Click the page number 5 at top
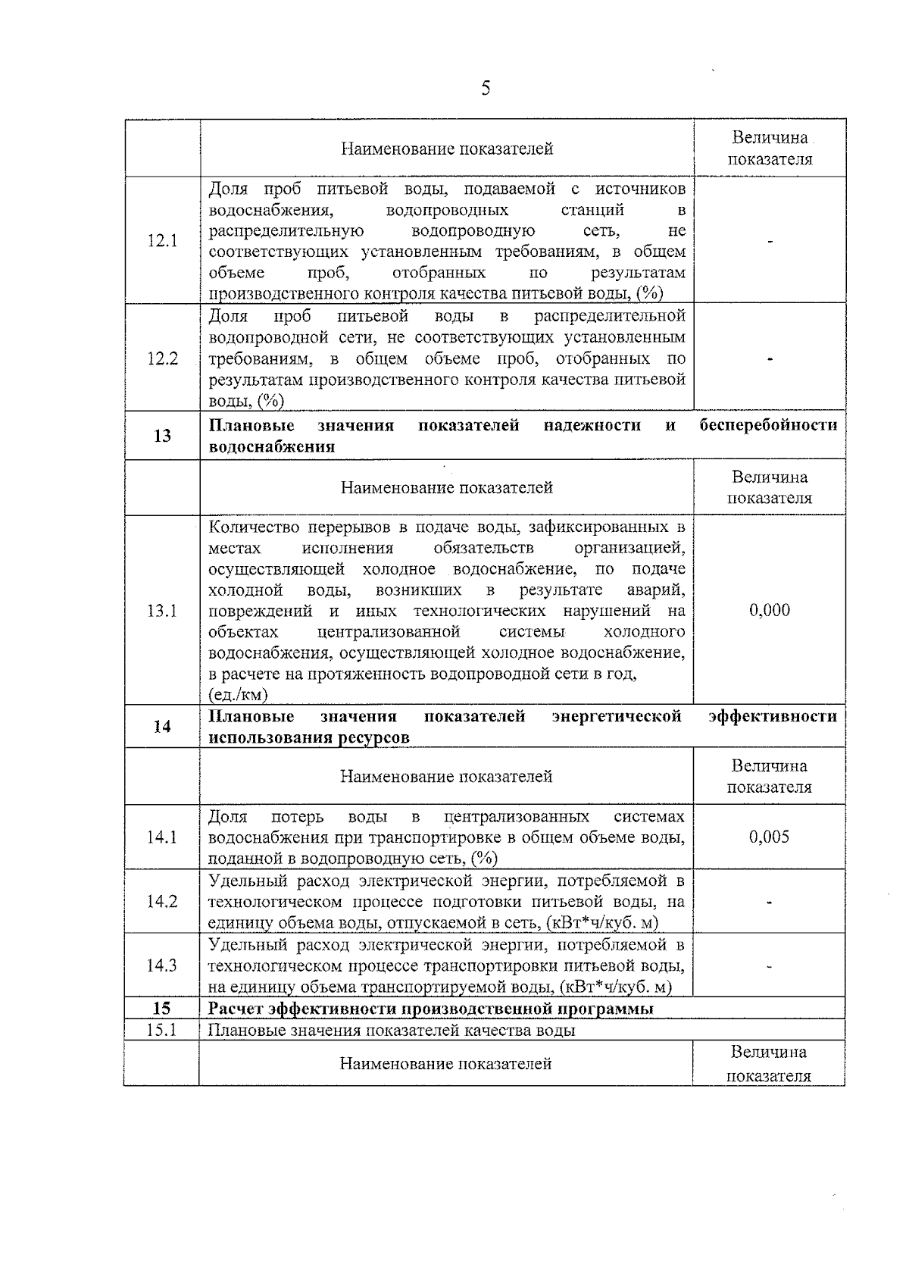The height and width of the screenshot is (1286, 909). tap(486, 89)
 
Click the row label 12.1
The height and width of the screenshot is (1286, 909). tap(162, 241)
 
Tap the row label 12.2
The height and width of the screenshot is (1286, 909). tap(162, 358)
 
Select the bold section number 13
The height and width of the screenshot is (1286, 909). tap(162, 436)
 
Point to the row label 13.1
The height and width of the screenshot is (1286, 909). tap(162, 611)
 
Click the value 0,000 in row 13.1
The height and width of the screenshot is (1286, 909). tap(770, 611)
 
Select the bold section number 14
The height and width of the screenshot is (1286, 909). tap(162, 727)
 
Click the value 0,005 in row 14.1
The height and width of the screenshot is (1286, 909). tap(770, 837)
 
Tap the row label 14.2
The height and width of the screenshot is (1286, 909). tap(162, 902)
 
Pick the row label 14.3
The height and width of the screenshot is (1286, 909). tap(162, 965)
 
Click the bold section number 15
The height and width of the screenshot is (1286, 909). tap(162, 1009)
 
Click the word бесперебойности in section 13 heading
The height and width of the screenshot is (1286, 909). tap(768, 425)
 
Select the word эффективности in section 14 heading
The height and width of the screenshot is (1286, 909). tap(772, 716)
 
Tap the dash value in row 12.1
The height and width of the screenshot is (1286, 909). tap(770, 242)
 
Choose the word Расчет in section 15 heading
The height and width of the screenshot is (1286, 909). tap(236, 1009)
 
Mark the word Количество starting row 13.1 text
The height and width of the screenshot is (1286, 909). tap(252, 527)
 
